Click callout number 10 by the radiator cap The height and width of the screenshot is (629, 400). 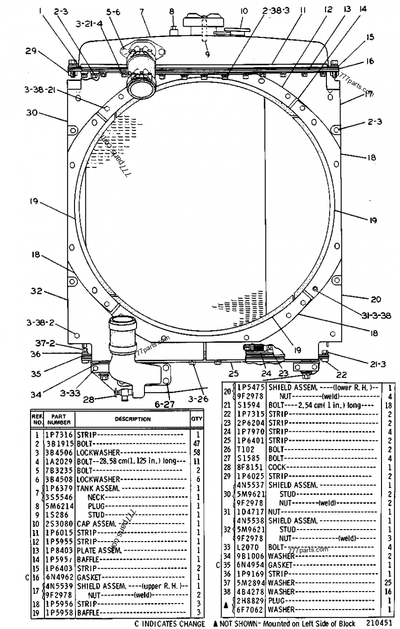tap(244, 10)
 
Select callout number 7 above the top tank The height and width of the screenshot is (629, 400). tap(141, 11)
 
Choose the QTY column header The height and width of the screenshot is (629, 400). tap(197, 420)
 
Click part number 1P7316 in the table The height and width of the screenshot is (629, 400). tap(60, 436)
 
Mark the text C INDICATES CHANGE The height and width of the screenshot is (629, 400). tap(169, 624)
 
